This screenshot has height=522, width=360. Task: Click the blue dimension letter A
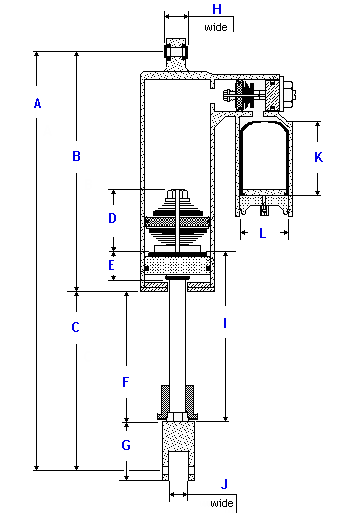pyautogui.click(x=38, y=103)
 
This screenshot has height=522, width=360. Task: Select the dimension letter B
pyautogui.click(x=76, y=156)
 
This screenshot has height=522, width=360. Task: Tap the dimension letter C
pyautogui.click(x=76, y=327)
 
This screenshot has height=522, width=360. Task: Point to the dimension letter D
pyautogui.click(x=112, y=218)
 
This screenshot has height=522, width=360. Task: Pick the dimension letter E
pyautogui.click(x=111, y=265)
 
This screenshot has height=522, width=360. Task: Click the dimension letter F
pyautogui.click(x=125, y=382)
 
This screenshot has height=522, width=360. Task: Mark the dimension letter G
pyautogui.click(x=126, y=445)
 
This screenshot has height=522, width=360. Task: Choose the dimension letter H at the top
pyautogui.click(x=217, y=9)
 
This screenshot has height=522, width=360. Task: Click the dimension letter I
pyautogui.click(x=225, y=323)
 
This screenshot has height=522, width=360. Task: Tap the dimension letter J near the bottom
pyautogui.click(x=224, y=484)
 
